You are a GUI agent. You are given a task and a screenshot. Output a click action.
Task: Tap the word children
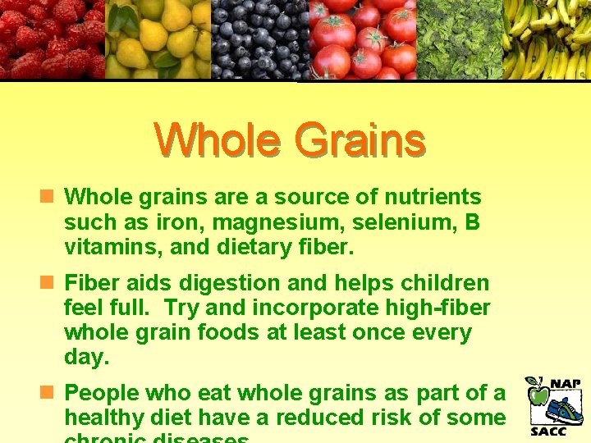[445, 284]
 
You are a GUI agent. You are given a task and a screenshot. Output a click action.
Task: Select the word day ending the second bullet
[85, 358]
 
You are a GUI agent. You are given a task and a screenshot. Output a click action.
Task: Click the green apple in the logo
[538, 394]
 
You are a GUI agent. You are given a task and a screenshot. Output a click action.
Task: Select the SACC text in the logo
[548, 432]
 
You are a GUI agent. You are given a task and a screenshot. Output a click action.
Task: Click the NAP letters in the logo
[566, 383]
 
